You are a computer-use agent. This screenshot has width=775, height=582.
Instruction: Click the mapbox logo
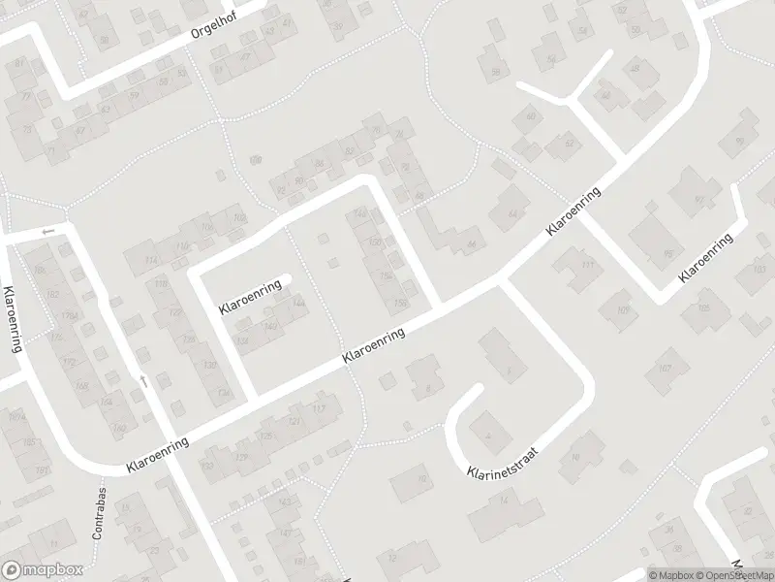43,570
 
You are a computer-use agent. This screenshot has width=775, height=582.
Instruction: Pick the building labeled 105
703,307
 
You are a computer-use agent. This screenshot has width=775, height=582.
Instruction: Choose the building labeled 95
667,254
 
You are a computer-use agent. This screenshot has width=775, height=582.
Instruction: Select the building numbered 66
472,243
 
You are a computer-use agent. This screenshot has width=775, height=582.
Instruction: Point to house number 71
50,151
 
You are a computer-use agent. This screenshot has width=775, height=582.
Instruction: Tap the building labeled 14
504,500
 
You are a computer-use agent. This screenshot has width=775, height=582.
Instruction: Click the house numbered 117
318,409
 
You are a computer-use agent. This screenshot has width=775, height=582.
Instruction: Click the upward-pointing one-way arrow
142,382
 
